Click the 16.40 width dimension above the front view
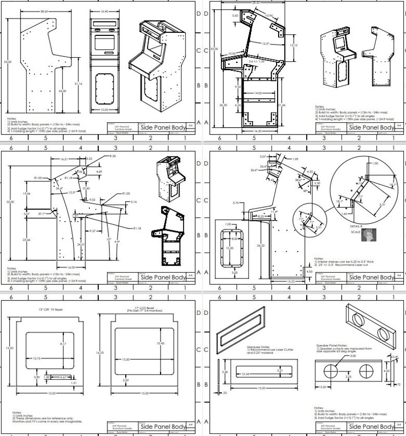coord(104,10)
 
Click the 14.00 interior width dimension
coord(257,93)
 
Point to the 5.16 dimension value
coord(134,202)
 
